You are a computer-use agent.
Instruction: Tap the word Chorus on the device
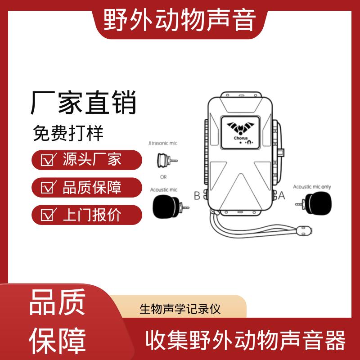coord(241,138)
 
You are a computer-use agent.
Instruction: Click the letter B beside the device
coord(197,196)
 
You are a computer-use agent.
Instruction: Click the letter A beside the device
coord(282,196)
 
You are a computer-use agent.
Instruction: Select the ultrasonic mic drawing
coord(167,160)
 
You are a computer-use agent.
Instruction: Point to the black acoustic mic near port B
coord(170,207)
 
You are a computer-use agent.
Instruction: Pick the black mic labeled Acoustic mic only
coord(314,204)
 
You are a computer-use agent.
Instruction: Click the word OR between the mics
coord(163,177)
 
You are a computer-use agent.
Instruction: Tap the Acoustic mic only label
coord(312,187)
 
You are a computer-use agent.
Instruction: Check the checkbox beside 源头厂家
coord(48,159)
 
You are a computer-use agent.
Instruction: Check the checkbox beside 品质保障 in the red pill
coord(48,187)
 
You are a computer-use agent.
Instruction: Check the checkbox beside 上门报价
coord(48,215)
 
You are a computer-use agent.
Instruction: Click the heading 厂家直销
coord(84,103)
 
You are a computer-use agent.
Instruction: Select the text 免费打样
coord(68,133)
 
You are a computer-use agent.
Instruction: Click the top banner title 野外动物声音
coord(180,20)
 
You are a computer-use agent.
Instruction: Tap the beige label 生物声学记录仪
coord(180,309)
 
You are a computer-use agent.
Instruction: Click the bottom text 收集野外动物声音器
coord(245,340)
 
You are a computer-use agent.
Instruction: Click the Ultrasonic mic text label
coord(163,143)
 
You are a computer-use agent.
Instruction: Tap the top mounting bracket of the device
coord(241,94)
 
